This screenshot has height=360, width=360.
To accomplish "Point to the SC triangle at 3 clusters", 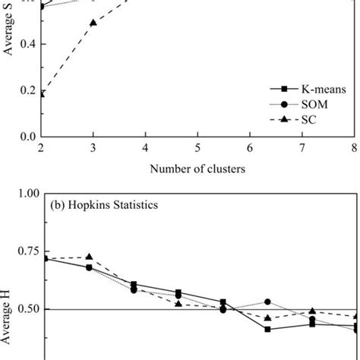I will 93,23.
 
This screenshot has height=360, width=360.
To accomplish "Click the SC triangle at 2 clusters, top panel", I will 42,93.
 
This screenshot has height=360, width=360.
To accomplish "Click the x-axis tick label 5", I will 197,147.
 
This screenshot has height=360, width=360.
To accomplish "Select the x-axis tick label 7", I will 302,147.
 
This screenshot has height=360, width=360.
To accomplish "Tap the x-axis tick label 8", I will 353,147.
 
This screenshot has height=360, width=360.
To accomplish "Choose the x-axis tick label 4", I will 145,147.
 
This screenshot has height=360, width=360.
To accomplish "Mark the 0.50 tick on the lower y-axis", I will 24,309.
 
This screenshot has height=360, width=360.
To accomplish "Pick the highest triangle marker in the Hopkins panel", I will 90,257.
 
